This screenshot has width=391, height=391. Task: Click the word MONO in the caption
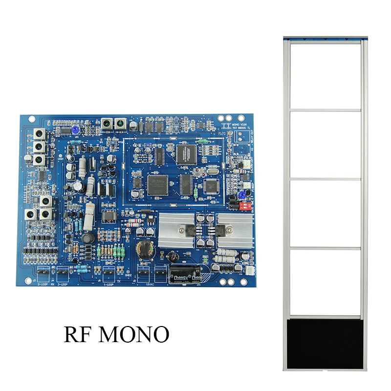[x=134, y=334]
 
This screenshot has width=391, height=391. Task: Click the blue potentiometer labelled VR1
[x=76, y=130]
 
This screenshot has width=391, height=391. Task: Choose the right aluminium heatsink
[x=235, y=229]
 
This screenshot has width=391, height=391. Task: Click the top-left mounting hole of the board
[x=31, y=119]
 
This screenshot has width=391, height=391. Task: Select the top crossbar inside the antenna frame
[x=325, y=110]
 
